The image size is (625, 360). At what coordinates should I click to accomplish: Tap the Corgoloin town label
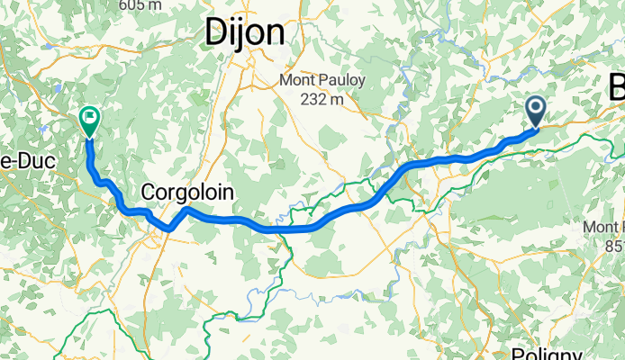point(187,192)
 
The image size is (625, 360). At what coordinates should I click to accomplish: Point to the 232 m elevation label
point(322,99)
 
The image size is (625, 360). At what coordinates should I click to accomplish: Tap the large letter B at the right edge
point(616,88)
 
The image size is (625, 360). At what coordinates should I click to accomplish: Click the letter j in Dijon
point(243,33)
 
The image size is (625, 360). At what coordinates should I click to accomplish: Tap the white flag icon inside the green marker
point(90,116)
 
